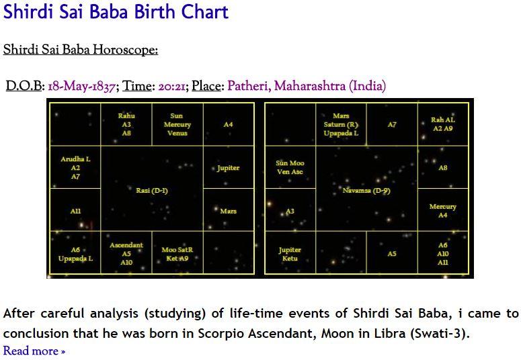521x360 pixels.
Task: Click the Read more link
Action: [x=34, y=351]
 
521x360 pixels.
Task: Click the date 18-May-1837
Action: [x=82, y=86]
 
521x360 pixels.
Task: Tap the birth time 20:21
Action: [x=171, y=86]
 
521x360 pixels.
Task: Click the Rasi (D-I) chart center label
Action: [x=152, y=191]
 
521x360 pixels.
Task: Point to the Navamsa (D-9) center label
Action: [x=366, y=191]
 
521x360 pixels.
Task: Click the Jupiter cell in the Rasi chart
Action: [x=229, y=168]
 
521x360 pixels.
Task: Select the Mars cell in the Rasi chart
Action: [x=229, y=210]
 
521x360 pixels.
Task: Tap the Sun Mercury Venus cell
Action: [x=177, y=124]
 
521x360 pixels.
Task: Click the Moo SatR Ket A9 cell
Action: [x=177, y=253]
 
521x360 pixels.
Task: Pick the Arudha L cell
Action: [x=75, y=168]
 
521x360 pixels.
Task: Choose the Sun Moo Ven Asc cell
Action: [x=290, y=167]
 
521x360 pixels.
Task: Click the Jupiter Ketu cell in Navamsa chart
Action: [x=290, y=254]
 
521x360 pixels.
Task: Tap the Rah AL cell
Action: [x=442, y=124]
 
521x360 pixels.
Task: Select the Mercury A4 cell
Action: [x=442, y=210]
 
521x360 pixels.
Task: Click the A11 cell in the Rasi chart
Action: [x=75, y=210]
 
